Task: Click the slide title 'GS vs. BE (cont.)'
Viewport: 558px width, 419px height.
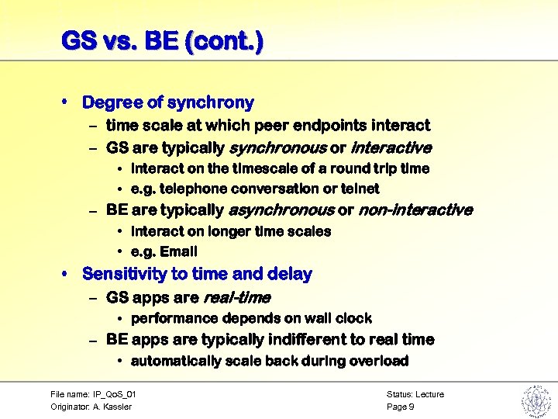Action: click(x=162, y=40)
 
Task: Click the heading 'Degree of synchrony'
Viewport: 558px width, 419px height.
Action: click(x=168, y=102)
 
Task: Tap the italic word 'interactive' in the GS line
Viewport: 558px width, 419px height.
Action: click(x=391, y=147)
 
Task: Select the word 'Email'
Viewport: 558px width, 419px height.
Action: click(x=180, y=251)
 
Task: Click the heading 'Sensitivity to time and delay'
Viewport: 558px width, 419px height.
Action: click(x=197, y=274)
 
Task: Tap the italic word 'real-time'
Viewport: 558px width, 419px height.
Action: click(x=236, y=297)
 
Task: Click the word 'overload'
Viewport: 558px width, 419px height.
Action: click(x=380, y=361)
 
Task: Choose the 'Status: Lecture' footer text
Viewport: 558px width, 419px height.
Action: click(x=415, y=394)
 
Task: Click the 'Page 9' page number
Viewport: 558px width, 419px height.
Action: click(x=401, y=407)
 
